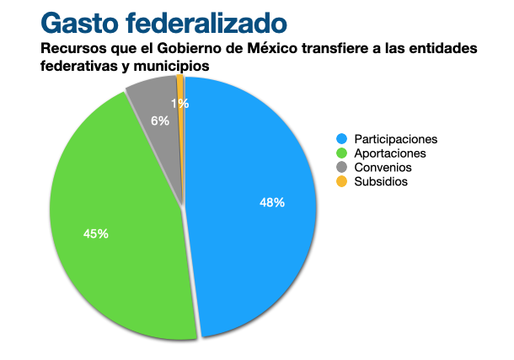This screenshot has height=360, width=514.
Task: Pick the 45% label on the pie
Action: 96,234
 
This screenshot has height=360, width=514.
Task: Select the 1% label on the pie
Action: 179,104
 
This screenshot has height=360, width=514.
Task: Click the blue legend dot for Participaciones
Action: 341,139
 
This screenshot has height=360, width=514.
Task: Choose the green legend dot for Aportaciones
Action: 341,153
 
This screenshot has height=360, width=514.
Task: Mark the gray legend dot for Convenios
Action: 341,168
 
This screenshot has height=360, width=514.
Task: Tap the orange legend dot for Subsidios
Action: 341,182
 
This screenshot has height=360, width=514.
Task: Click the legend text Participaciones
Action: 396,139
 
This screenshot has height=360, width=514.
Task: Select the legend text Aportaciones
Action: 390,153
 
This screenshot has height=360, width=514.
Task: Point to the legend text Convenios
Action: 383,168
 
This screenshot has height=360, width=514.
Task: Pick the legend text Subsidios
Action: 382,182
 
